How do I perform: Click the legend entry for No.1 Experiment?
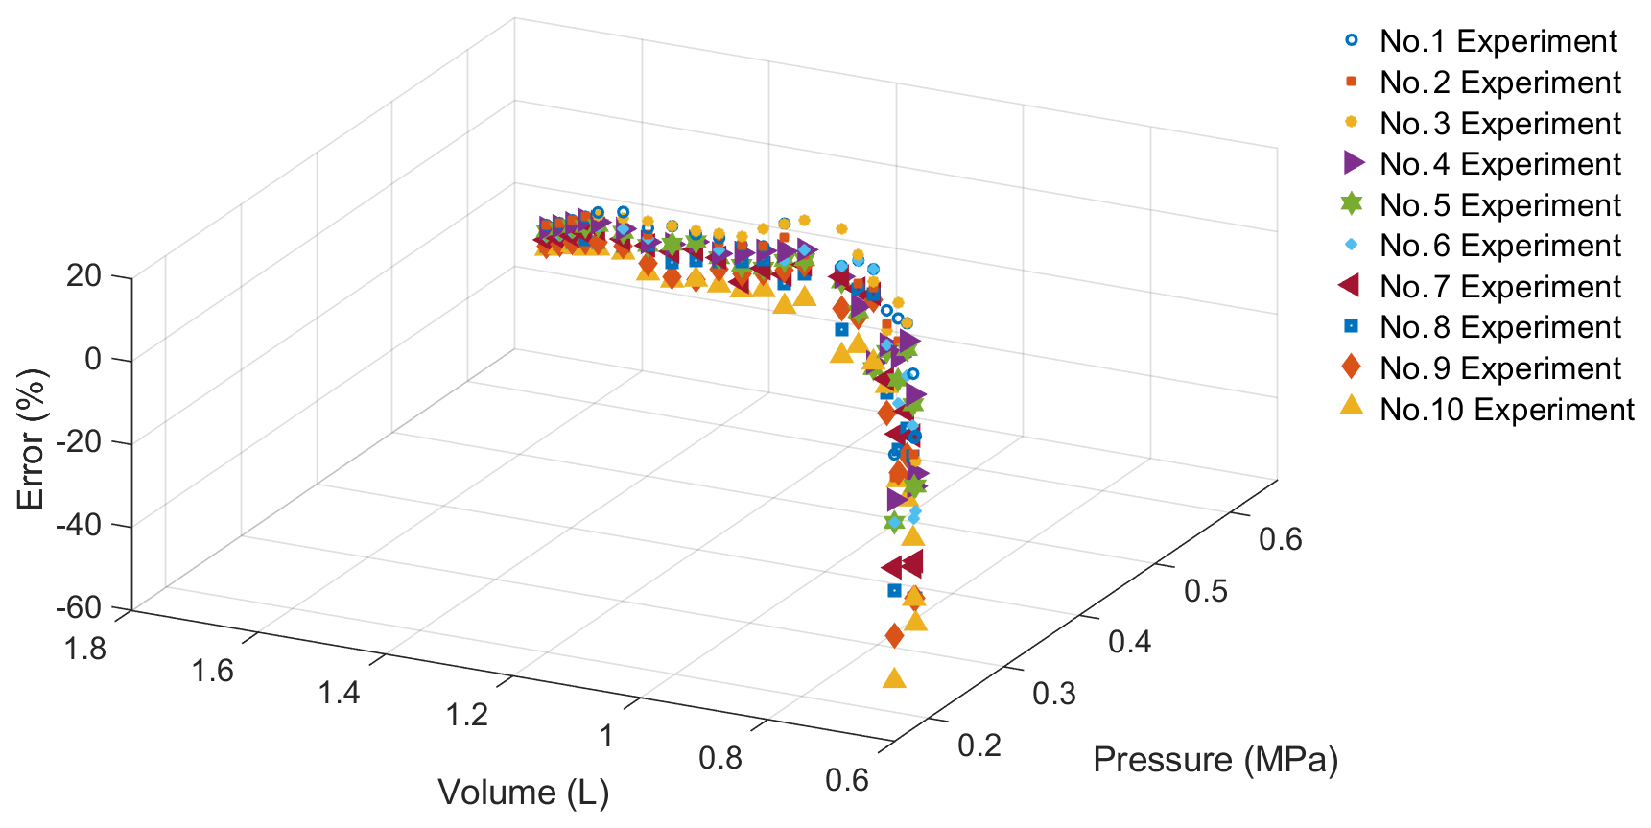pyautogui.click(x=1498, y=41)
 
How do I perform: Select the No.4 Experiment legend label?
pyautogui.click(x=1499, y=164)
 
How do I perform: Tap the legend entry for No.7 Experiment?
pyautogui.click(x=1499, y=287)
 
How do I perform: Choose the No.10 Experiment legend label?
pyautogui.click(x=1506, y=410)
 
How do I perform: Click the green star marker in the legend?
pyautogui.click(x=1352, y=203)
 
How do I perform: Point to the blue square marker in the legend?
pyautogui.click(x=1352, y=326)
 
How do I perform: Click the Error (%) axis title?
pyautogui.click(x=31, y=439)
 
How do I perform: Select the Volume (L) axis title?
pyautogui.click(x=524, y=793)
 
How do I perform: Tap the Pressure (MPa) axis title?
pyautogui.click(x=1215, y=760)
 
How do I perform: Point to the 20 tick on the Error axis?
pyautogui.click(x=83, y=276)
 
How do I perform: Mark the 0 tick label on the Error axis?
pyautogui.click(x=92, y=360)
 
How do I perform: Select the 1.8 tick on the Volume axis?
pyautogui.click(x=85, y=650)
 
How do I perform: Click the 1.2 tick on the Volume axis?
pyautogui.click(x=467, y=715)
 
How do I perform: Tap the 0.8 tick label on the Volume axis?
pyautogui.click(x=720, y=758)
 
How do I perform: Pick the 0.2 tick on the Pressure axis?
pyautogui.click(x=979, y=745)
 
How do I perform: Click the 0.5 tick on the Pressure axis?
pyautogui.click(x=1206, y=591)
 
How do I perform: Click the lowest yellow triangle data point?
pyautogui.click(x=894, y=679)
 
